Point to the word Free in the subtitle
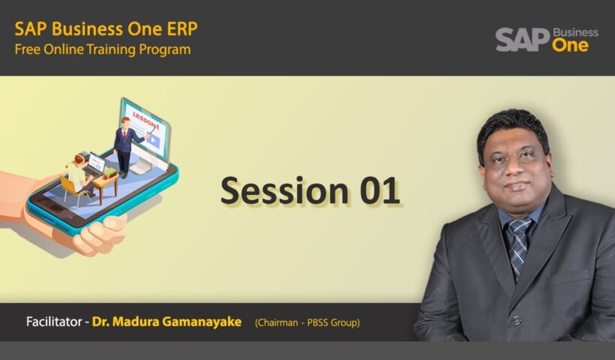[x=28, y=50]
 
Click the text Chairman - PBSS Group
[x=307, y=323]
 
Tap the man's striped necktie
[x=518, y=243]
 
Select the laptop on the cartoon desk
[x=96, y=165]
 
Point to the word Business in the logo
[x=575, y=32]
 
